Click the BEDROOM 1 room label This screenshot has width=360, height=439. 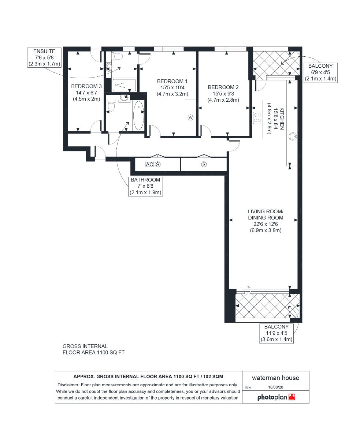pos(172,88)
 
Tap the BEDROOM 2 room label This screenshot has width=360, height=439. pos(223,94)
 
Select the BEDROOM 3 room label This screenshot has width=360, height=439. pos(86,93)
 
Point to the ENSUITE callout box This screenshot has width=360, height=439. pos(44,58)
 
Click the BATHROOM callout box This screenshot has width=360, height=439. pos(145,186)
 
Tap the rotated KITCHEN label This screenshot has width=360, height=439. pos(276,119)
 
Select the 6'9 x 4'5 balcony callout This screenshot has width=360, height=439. pos(320,72)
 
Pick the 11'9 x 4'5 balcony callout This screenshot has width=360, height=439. pos(277,333)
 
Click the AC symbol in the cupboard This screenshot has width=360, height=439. pos(149,165)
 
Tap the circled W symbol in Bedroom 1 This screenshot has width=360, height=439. pos(190,117)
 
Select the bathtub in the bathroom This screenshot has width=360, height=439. pos(138,116)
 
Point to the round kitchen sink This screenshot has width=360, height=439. pos(293,136)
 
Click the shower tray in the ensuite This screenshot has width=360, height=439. pos(124,85)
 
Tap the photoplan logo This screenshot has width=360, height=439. pos(276,397)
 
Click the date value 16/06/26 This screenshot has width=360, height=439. pos(276,387)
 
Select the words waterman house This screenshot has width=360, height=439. pos(275,378)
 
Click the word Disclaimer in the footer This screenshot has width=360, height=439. pos(68,385)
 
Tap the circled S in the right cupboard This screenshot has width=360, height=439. pos(204,165)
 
